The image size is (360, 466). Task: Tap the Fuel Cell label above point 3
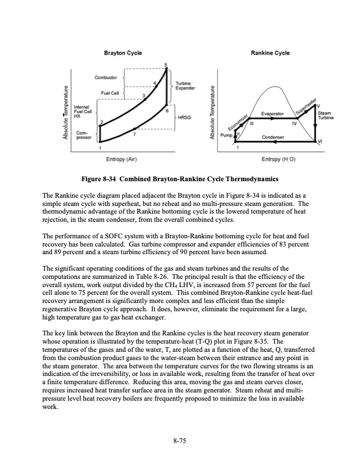pos(110,93)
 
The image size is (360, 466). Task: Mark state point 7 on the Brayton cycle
pos(135,135)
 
